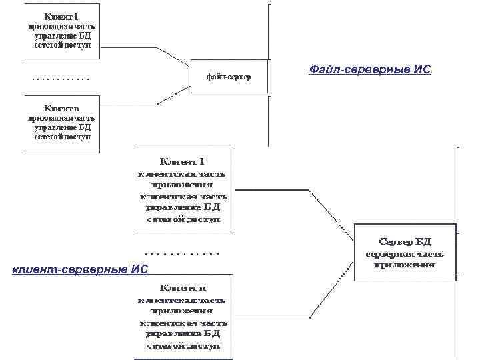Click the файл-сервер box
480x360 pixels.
229,77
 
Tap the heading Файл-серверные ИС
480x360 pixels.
370,69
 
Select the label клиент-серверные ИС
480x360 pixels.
81,269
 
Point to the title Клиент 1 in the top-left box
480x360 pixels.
62,15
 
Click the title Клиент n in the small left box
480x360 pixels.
62,107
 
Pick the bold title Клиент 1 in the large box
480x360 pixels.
183,161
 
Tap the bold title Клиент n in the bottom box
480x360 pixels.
183,288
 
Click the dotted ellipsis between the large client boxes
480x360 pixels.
182,254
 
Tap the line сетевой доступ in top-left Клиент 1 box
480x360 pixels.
62,46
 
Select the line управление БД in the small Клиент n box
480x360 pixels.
62,127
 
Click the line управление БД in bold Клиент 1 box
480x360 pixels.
183,208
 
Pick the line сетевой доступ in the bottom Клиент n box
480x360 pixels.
183,346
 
